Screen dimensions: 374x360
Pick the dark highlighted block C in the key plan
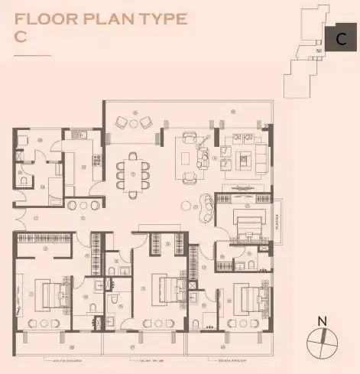(336, 39)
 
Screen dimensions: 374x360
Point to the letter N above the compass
(322, 320)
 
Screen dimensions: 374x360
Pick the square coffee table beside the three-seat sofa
(245, 161)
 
